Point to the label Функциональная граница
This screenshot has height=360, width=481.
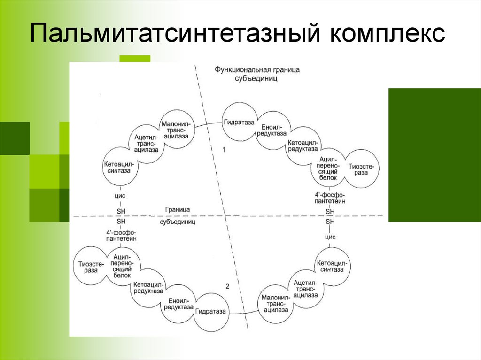[257, 69]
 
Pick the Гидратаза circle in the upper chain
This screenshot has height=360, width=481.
[239, 123]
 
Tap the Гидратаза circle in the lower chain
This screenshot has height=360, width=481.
[210, 311]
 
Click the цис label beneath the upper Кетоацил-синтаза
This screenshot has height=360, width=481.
[121, 195]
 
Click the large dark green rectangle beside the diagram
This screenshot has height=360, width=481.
[434, 155]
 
